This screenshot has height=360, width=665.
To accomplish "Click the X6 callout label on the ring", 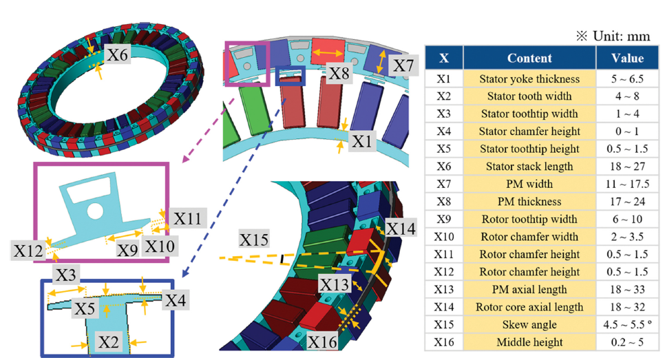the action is click(x=118, y=54).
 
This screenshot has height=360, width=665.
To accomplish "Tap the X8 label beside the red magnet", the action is click(x=339, y=73).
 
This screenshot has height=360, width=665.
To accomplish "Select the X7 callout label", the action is click(x=403, y=65).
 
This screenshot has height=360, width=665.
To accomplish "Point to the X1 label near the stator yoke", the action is click(x=361, y=141).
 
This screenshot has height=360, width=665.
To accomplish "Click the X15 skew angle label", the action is click(x=253, y=240).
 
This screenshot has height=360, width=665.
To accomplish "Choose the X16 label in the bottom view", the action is click(x=322, y=342).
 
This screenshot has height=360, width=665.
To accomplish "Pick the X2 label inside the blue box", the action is click(x=109, y=341).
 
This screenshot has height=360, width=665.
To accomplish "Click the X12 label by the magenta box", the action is click(x=28, y=251).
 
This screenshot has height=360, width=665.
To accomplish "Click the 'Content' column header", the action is click(x=529, y=58).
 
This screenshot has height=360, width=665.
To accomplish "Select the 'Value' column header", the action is click(x=627, y=58).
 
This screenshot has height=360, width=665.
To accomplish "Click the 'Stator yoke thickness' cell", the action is click(x=529, y=79).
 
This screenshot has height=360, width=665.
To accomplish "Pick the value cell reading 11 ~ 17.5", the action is click(x=627, y=184).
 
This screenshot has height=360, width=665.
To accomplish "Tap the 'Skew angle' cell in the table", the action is click(x=529, y=324).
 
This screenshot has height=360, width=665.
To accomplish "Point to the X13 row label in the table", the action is click(x=443, y=289).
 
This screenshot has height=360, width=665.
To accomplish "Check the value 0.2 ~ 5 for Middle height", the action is click(x=627, y=342).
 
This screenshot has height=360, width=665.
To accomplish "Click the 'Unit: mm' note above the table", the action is click(x=613, y=36).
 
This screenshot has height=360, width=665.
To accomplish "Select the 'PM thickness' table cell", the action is click(x=529, y=202).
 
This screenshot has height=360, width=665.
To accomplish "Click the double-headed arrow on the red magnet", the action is click(x=328, y=53).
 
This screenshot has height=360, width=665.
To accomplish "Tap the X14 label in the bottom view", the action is click(x=401, y=229).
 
